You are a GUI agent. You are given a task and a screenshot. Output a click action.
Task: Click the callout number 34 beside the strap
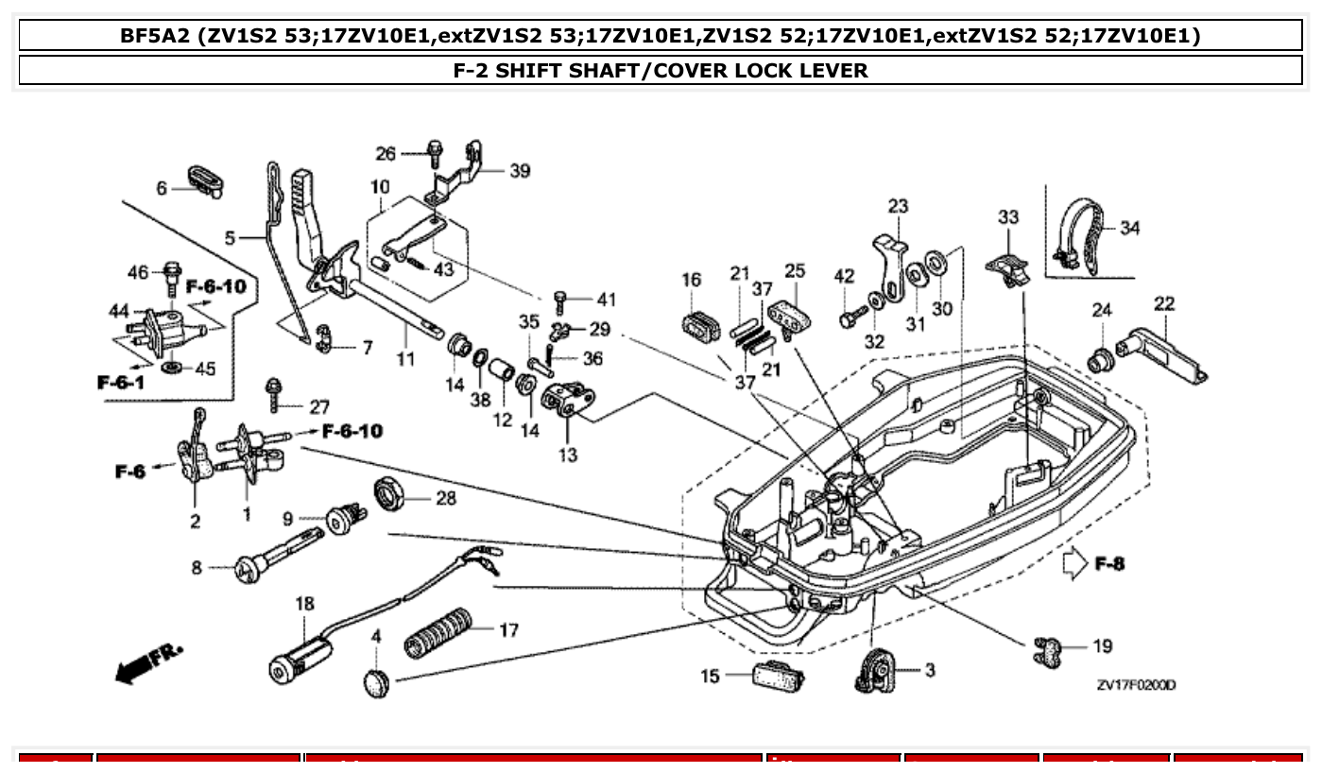[1129, 228]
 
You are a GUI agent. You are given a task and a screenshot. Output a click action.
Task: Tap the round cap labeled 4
[376, 680]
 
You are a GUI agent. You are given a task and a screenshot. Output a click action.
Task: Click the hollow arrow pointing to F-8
[1074, 564]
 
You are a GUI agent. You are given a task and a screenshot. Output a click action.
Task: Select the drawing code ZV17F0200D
[1136, 685]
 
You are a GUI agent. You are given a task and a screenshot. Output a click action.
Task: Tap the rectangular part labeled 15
[779, 677]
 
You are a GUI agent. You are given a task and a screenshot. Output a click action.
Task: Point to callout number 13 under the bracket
[567, 455]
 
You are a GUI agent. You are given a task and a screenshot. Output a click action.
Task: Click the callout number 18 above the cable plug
[304, 603]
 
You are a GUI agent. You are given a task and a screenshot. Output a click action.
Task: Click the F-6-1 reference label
[121, 382]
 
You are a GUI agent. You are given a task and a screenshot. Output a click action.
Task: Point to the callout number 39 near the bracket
[520, 171]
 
